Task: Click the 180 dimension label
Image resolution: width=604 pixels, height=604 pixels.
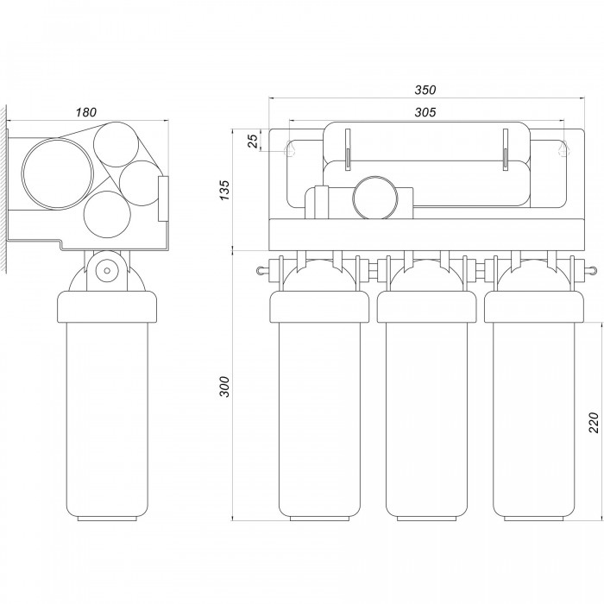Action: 85,111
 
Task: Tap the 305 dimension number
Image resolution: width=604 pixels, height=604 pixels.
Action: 425,112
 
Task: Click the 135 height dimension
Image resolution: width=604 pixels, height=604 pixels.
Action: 224,189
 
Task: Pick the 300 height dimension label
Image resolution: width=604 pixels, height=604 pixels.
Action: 224,387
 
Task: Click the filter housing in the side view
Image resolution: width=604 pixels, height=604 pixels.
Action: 106,406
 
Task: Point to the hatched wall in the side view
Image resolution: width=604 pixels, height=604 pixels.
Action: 4,181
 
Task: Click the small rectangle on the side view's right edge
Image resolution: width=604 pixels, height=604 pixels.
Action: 163,192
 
